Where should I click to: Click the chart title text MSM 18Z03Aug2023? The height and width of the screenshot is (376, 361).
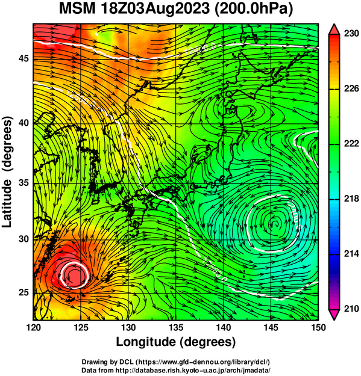(134, 9)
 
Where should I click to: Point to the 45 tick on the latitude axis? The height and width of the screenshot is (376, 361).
(24, 58)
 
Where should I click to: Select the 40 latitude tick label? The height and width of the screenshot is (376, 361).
(24, 123)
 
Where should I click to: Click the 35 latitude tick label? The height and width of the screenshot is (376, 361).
(24, 183)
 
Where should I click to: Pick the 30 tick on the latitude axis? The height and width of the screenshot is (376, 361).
(24, 239)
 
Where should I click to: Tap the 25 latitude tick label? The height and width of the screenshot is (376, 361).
(24, 293)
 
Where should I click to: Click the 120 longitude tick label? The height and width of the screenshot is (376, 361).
(33, 327)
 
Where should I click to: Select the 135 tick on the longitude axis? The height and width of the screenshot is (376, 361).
(176, 327)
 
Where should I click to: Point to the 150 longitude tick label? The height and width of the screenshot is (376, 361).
(318, 327)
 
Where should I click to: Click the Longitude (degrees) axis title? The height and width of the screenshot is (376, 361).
(175, 342)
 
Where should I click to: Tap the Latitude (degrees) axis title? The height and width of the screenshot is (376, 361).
(7, 172)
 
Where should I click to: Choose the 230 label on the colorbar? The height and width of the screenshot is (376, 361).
(351, 34)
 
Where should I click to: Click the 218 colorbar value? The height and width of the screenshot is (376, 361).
(351, 199)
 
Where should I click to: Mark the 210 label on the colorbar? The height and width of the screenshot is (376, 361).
(351, 309)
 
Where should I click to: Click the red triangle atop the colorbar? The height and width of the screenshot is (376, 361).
(334, 29)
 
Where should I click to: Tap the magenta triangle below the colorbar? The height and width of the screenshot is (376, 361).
(334, 315)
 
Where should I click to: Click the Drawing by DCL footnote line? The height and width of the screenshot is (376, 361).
(176, 362)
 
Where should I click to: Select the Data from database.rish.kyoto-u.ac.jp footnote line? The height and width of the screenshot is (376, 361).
(176, 370)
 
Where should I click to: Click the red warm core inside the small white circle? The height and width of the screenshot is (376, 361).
(75, 275)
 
